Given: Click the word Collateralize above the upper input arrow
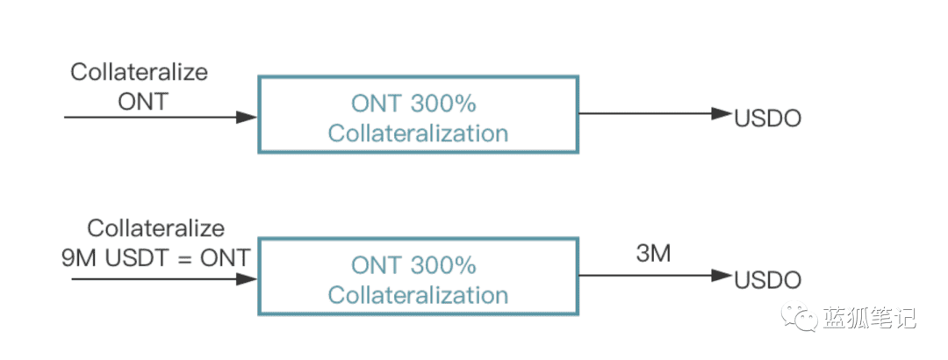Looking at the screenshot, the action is click(139, 73).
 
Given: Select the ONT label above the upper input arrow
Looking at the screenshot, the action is click(143, 101).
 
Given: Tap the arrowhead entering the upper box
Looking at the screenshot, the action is click(247, 118).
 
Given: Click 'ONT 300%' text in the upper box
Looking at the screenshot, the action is click(413, 104).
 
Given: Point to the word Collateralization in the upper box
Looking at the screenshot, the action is click(418, 133).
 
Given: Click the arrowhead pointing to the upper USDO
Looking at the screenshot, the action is click(722, 113).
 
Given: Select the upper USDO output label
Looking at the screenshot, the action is click(767, 119).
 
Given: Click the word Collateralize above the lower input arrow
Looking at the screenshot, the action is click(156, 228).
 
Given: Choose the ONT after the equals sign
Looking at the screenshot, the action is click(225, 258).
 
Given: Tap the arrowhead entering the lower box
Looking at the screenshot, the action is click(247, 279).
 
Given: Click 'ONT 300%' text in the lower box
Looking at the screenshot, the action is click(413, 266).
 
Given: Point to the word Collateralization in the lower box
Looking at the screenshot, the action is click(418, 295).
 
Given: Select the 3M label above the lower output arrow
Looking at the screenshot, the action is click(654, 254).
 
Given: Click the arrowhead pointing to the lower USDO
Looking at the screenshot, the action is click(722, 276).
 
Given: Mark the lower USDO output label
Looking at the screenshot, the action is click(767, 280).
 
